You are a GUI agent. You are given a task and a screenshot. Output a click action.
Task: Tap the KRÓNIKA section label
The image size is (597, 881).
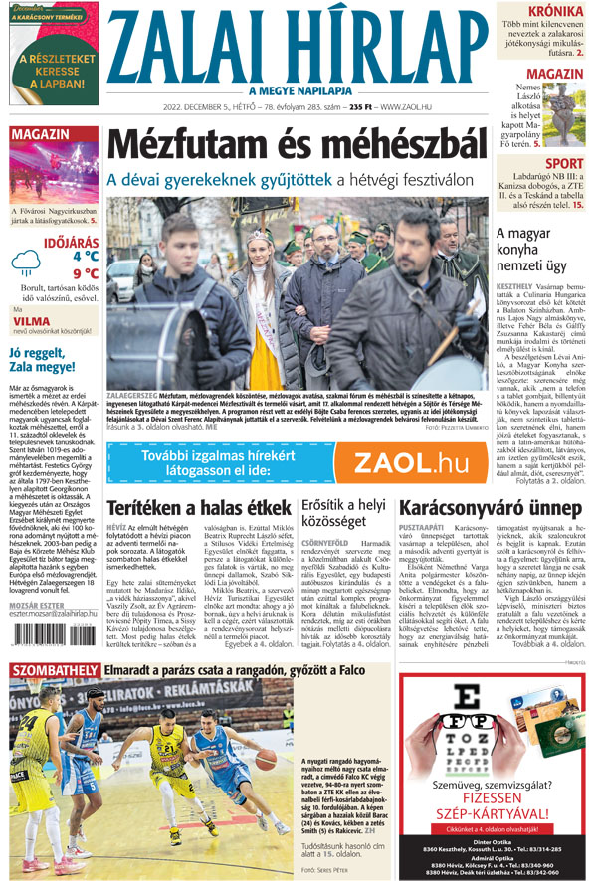click(x=555, y=11)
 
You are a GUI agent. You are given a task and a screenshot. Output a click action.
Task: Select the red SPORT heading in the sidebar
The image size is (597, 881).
click(x=564, y=163)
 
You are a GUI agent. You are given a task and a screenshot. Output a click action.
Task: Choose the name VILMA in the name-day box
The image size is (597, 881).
click(x=32, y=321)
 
